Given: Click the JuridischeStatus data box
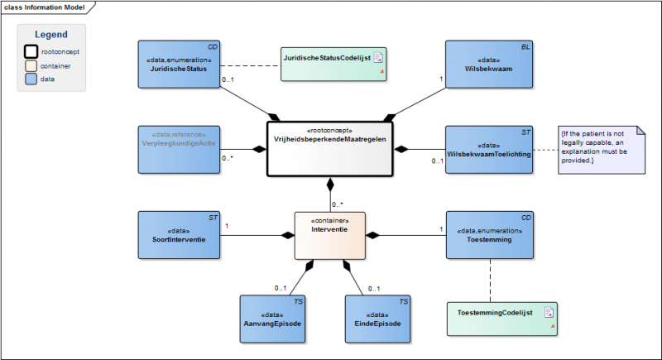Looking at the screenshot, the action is coord(179,65).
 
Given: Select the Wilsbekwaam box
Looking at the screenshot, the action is coord(489,65).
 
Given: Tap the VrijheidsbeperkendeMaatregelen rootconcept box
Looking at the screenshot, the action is coord(329,149).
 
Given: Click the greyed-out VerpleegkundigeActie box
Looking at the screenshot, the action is coord(179,150).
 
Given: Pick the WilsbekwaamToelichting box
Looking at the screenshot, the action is coord(489,150).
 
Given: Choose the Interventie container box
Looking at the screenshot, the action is coord(329,236).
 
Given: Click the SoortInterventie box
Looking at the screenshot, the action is coord(179,235).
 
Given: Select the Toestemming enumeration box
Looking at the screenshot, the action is coord(490,235).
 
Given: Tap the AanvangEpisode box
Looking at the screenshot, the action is coord(272,319).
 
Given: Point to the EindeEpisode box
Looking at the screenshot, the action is coord(377,319).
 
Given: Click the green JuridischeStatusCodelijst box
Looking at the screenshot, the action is coord(333,65).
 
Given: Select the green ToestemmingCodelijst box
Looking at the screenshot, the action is coord(502,319).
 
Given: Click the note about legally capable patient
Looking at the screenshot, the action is coord(602,150).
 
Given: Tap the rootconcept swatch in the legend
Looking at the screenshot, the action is coord(31,51).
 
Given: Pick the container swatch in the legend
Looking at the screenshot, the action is coord(31,66).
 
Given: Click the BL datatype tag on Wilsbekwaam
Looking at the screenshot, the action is coord(525,47).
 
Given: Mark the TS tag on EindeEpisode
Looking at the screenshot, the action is coord(404,301).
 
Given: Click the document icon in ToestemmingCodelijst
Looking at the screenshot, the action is coord(549,312).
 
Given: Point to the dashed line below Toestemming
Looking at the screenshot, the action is coord(490,281).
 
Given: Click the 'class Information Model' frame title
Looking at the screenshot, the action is coord(45,7).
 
